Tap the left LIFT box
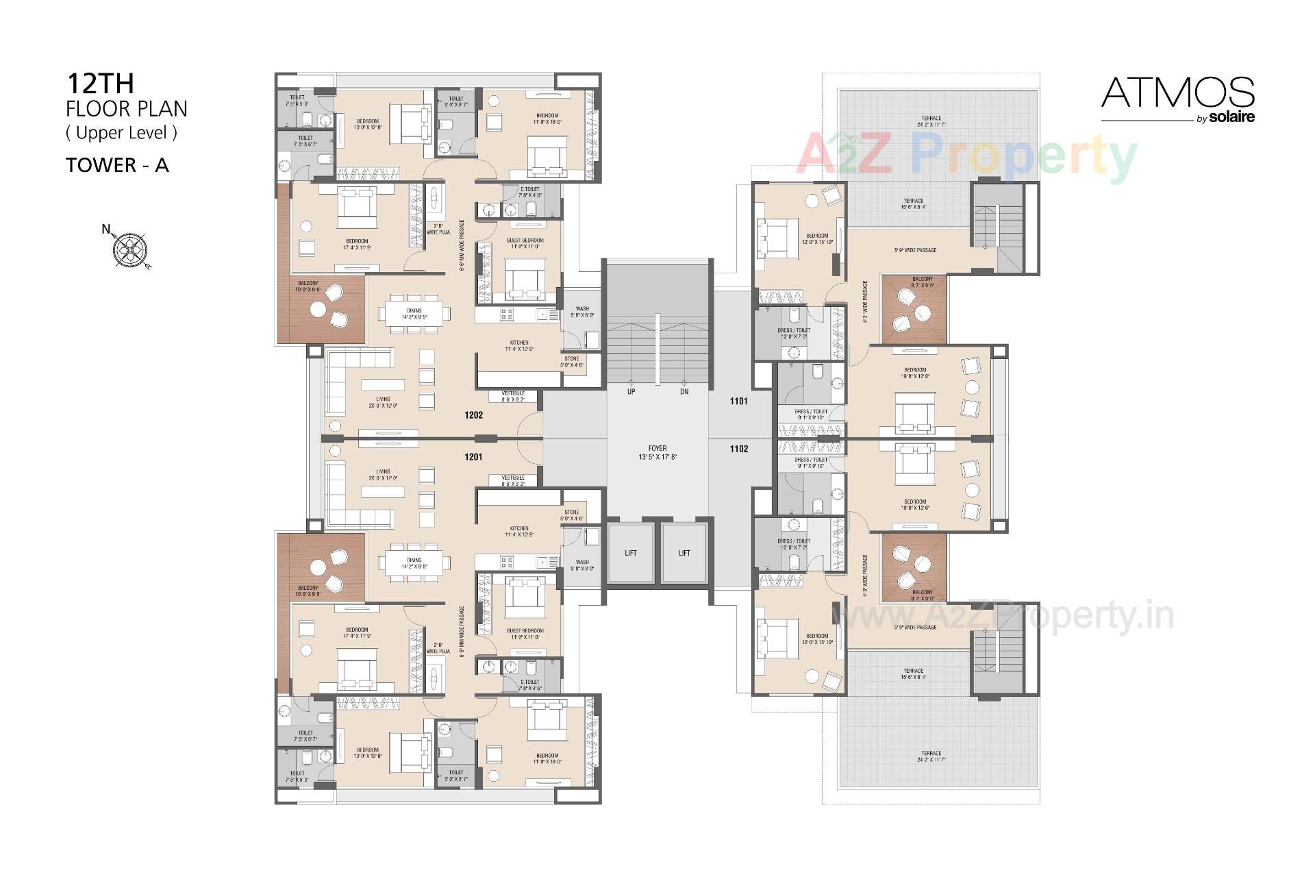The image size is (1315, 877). click(x=631, y=553)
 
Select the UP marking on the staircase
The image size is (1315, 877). click(x=631, y=392)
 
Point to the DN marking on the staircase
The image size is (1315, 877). click(x=684, y=392)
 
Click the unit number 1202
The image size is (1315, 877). click(x=473, y=415)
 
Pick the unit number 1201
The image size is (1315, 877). click(x=473, y=457)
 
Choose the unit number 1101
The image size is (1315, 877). click(x=738, y=401)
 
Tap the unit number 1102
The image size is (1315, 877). click(x=738, y=449)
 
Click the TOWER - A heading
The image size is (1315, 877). click(x=117, y=165)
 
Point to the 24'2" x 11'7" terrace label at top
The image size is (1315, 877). click(x=931, y=121)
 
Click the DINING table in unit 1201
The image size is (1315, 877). click(x=414, y=564)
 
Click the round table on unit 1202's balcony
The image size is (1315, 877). click(x=318, y=310)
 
